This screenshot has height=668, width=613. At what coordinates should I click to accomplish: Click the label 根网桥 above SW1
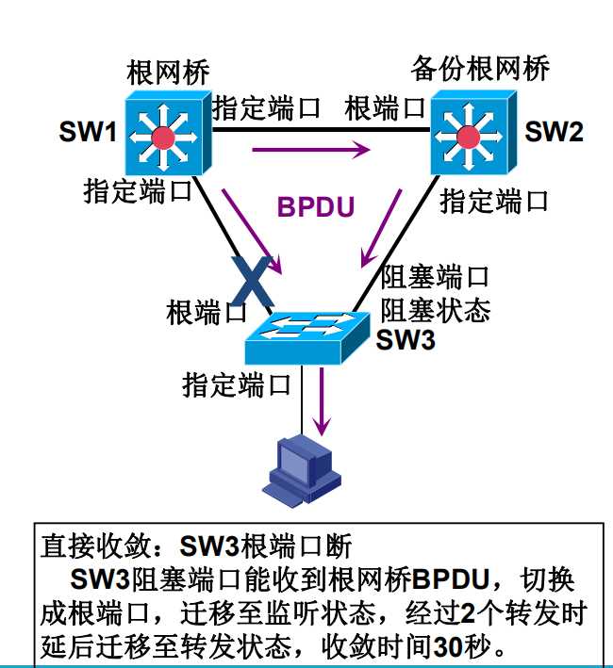click(167, 73)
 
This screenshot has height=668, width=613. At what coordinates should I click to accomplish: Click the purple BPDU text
click(315, 206)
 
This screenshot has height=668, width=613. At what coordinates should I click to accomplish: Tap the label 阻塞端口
click(435, 277)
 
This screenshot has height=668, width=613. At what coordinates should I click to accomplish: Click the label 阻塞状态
click(435, 309)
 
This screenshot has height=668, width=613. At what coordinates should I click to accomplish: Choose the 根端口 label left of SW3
click(207, 312)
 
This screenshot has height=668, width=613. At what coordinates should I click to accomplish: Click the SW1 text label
click(87, 132)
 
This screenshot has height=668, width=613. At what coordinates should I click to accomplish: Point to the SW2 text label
click(554, 132)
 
